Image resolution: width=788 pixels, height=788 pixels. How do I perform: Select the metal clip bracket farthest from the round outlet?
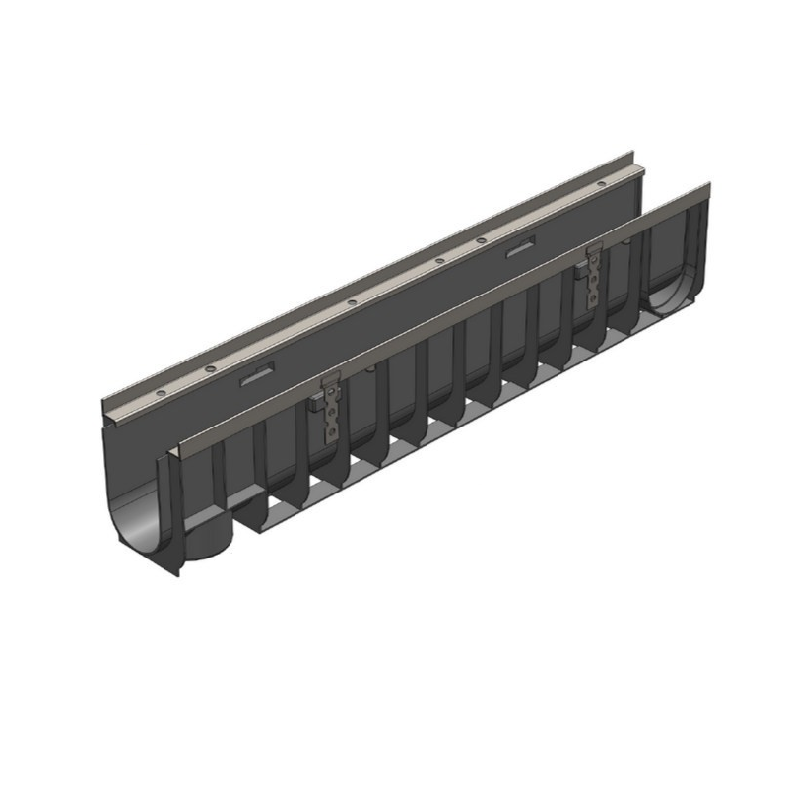coord(594,273)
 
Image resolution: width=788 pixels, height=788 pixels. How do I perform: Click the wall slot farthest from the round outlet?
coord(519,250)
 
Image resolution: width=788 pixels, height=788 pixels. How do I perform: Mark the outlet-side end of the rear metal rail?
coord(108,405)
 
